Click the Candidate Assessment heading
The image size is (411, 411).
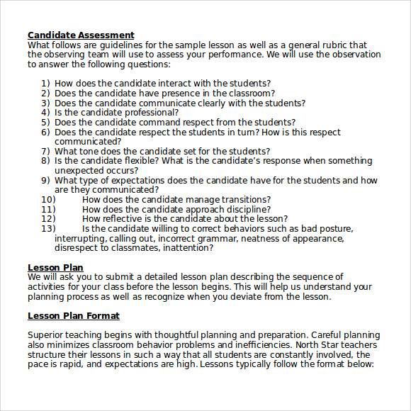tap(81, 35)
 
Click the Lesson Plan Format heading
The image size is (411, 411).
tap(74, 315)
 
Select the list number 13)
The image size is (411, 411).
tap(48, 229)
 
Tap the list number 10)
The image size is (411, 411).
tap(48, 200)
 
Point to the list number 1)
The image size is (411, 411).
tap(45, 83)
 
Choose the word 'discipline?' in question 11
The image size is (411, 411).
tap(244, 210)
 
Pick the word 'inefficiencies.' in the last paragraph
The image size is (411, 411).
tap(215, 344)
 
